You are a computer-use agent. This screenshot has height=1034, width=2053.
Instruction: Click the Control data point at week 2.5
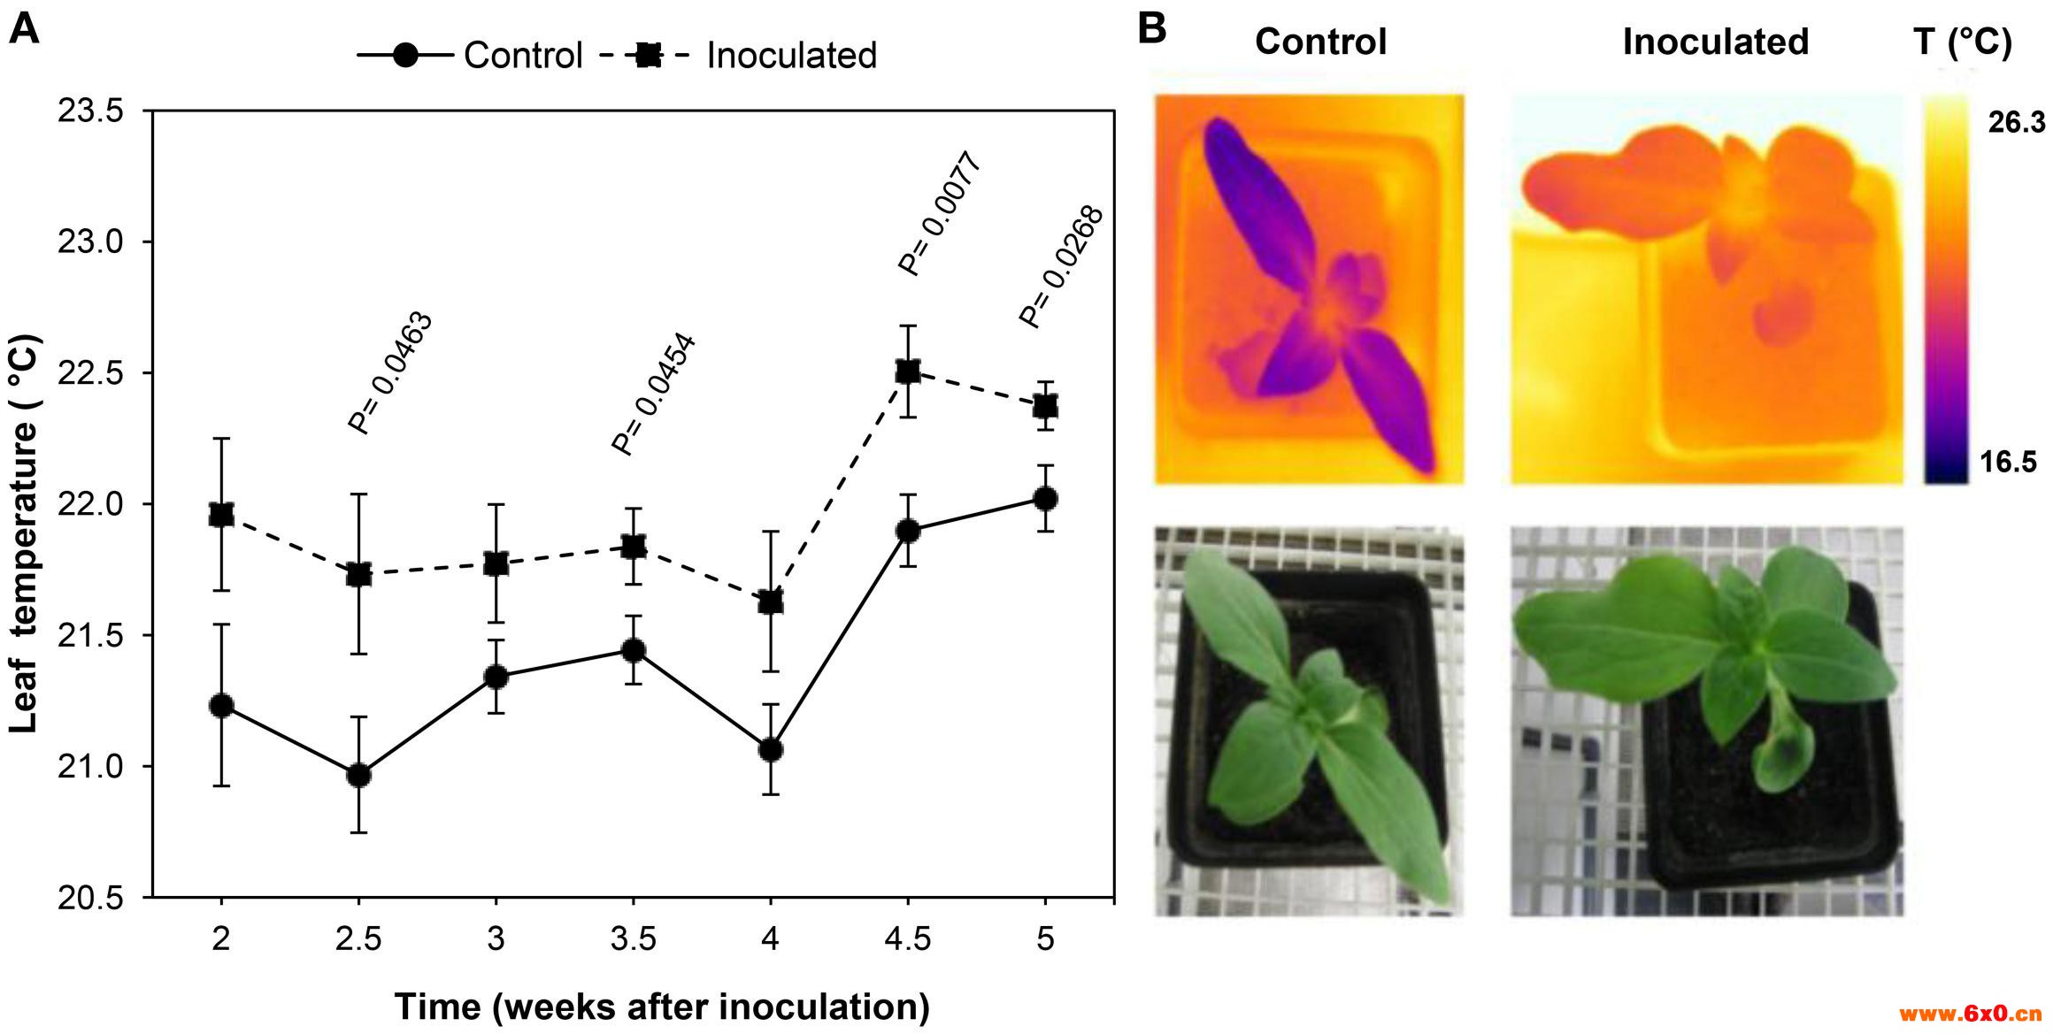point(358,776)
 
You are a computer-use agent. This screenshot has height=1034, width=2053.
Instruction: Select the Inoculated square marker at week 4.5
point(907,371)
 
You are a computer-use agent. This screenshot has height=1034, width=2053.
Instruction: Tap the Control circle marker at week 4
point(771,750)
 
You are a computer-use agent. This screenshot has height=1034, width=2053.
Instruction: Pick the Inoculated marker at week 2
point(221,515)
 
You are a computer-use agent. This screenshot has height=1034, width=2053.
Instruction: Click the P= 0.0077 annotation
point(940,214)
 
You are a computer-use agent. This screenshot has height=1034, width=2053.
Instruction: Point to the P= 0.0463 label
point(390,373)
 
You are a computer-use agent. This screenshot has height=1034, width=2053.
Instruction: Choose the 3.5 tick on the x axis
point(633,938)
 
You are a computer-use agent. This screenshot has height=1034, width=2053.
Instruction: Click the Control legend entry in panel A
point(522,56)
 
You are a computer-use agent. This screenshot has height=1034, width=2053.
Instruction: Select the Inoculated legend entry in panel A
point(790,56)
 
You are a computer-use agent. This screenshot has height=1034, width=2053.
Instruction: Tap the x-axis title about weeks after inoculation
point(661,1007)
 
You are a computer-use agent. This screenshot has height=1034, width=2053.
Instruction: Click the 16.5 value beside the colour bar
point(2011,463)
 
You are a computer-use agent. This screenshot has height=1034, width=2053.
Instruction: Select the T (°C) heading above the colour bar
point(1962,42)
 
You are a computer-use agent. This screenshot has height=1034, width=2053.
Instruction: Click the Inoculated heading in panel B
point(1715,42)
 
